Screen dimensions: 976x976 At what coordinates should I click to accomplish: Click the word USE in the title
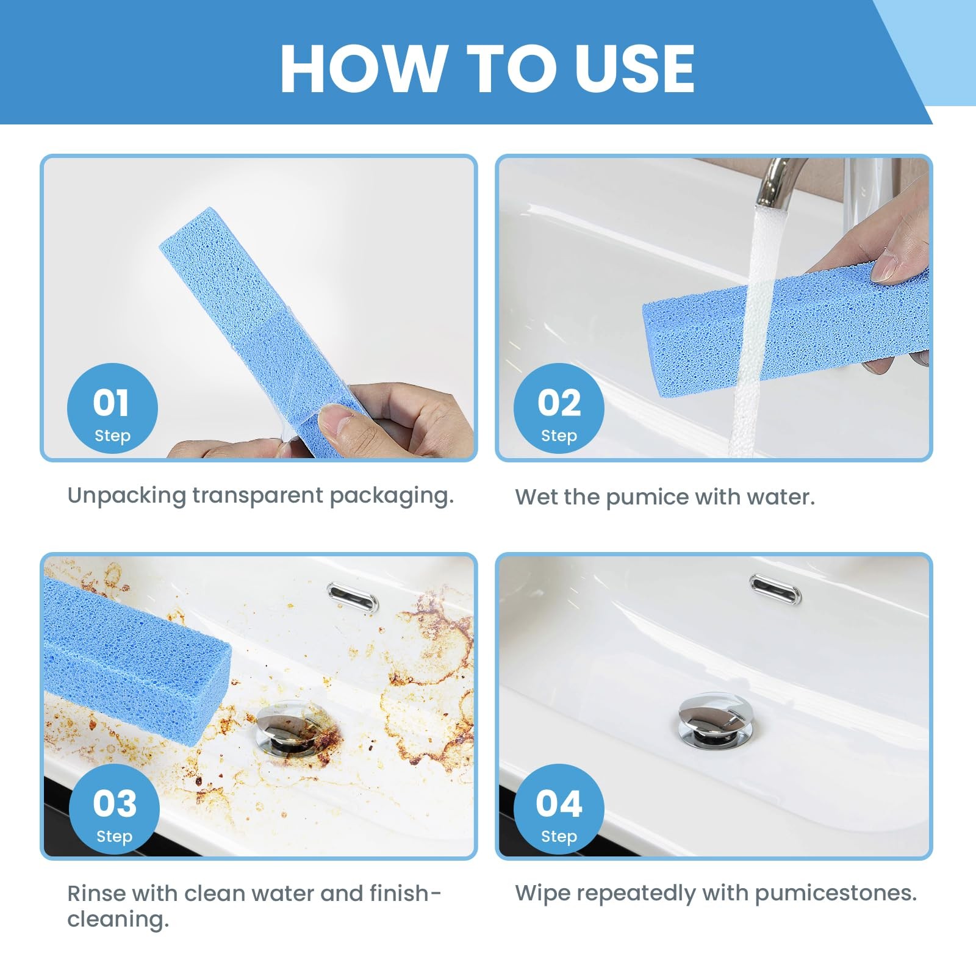click(634, 68)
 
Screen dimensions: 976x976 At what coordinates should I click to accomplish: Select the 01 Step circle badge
click(112, 409)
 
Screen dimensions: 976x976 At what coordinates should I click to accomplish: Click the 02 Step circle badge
click(559, 409)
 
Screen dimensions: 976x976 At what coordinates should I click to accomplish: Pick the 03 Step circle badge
click(115, 809)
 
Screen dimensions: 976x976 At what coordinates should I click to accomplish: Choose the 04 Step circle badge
click(559, 809)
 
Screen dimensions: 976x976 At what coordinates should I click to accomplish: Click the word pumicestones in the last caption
click(836, 894)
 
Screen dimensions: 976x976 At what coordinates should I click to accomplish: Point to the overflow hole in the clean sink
click(775, 589)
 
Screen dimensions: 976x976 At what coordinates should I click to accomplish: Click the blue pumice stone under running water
click(786, 329)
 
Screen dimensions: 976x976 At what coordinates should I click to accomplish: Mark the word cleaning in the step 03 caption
click(118, 920)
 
